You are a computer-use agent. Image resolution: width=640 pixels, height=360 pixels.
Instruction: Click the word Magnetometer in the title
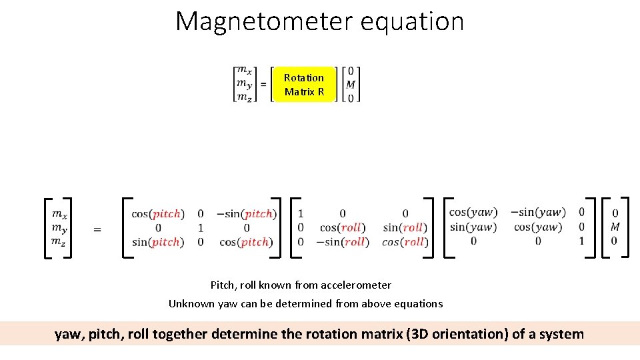264,21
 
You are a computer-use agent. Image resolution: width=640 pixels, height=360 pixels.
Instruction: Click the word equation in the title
411,21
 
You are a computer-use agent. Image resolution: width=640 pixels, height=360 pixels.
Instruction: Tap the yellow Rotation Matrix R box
304,85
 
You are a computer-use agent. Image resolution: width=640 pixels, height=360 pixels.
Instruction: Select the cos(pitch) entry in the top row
156,214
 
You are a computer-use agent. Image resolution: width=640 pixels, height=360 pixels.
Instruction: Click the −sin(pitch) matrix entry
246,214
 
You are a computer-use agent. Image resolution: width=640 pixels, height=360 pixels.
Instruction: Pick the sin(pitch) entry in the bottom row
156,242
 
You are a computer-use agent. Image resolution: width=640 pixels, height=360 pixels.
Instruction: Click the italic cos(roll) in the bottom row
405,242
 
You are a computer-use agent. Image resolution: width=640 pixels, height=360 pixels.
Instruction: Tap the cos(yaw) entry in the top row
473,212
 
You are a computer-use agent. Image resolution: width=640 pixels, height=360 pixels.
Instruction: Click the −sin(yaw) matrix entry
538,212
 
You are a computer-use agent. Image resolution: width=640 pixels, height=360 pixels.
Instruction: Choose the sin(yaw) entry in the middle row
473,227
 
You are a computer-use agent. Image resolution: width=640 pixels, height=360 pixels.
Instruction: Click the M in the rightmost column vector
615,227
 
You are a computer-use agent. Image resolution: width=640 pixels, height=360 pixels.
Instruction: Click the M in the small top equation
351,85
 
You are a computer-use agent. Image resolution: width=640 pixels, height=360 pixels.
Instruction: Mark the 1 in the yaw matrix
581,241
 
